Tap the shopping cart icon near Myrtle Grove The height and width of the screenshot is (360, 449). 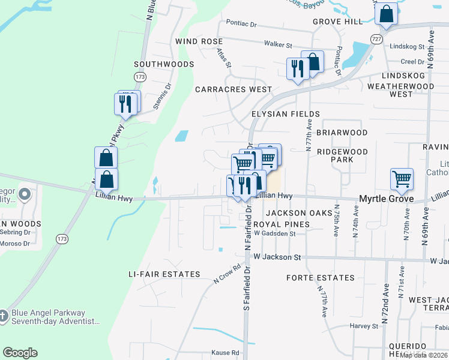click(x=402, y=179)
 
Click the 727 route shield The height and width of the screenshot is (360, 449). click(x=376, y=38)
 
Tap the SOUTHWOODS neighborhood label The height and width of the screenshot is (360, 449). click(x=164, y=64)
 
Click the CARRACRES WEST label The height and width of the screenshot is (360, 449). click(x=234, y=89)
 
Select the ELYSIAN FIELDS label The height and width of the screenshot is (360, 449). click(x=286, y=114)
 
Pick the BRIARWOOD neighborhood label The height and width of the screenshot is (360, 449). click(x=342, y=133)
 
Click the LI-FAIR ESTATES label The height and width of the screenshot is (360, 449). click(x=164, y=274)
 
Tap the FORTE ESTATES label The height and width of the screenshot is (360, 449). click(x=320, y=278)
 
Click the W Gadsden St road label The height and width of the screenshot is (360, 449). click(x=275, y=234)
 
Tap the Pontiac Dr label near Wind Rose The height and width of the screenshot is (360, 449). click(x=241, y=25)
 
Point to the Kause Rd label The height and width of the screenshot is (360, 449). click(x=227, y=353)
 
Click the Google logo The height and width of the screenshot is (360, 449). click(x=20, y=353)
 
